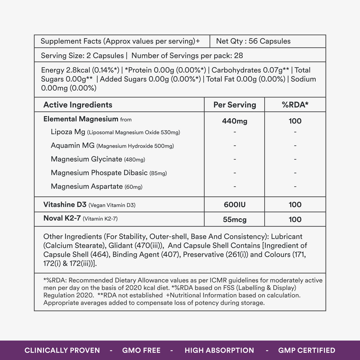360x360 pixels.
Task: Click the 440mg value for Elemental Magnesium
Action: [235, 121]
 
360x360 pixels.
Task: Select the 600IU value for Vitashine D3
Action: [235, 205]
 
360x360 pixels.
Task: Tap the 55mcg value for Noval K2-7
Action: [235, 220]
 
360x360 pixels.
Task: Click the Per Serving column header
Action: [235, 105]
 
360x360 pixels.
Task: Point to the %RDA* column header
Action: [295, 105]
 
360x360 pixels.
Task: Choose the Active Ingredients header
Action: [78, 105]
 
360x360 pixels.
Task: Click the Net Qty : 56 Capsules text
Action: [253, 41]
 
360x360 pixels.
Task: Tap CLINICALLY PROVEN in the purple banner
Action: [62, 350]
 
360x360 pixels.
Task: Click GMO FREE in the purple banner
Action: [141, 350]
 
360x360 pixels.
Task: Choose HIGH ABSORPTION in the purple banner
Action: [219, 350]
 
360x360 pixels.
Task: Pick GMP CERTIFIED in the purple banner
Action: [307, 350]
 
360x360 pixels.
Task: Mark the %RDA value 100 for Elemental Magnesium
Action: [295, 121]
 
